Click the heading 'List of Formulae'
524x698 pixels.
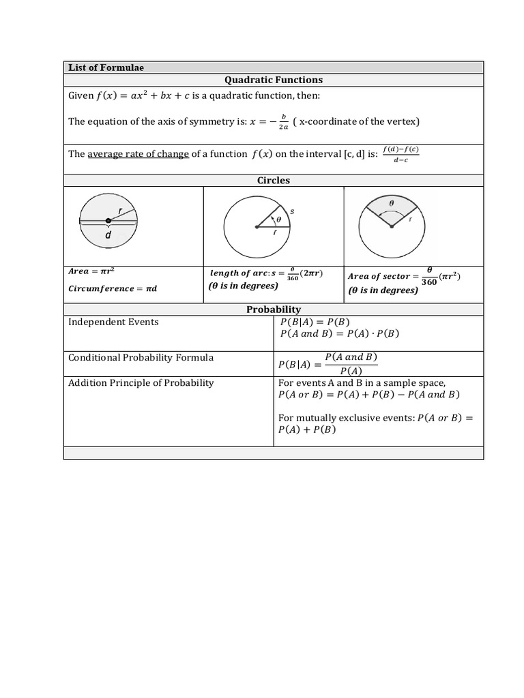coord(106,67)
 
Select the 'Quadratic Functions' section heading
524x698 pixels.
coord(274,80)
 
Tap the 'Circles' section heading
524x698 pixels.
coord(274,181)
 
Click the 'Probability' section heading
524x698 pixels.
coord(274,309)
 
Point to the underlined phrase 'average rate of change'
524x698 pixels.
coord(139,154)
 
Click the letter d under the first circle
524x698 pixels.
coord(108,235)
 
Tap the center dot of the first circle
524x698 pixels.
coord(108,220)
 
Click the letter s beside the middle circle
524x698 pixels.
coord(292,212)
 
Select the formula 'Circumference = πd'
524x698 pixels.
coord(113,288)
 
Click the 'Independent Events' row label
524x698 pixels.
coord(113,322)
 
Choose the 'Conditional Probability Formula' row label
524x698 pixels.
coord(141,358)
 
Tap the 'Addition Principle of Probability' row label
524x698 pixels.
coord(141,383)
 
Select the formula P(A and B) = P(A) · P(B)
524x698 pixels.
coord(339,334)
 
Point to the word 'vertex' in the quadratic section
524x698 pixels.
coord(398,121)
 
